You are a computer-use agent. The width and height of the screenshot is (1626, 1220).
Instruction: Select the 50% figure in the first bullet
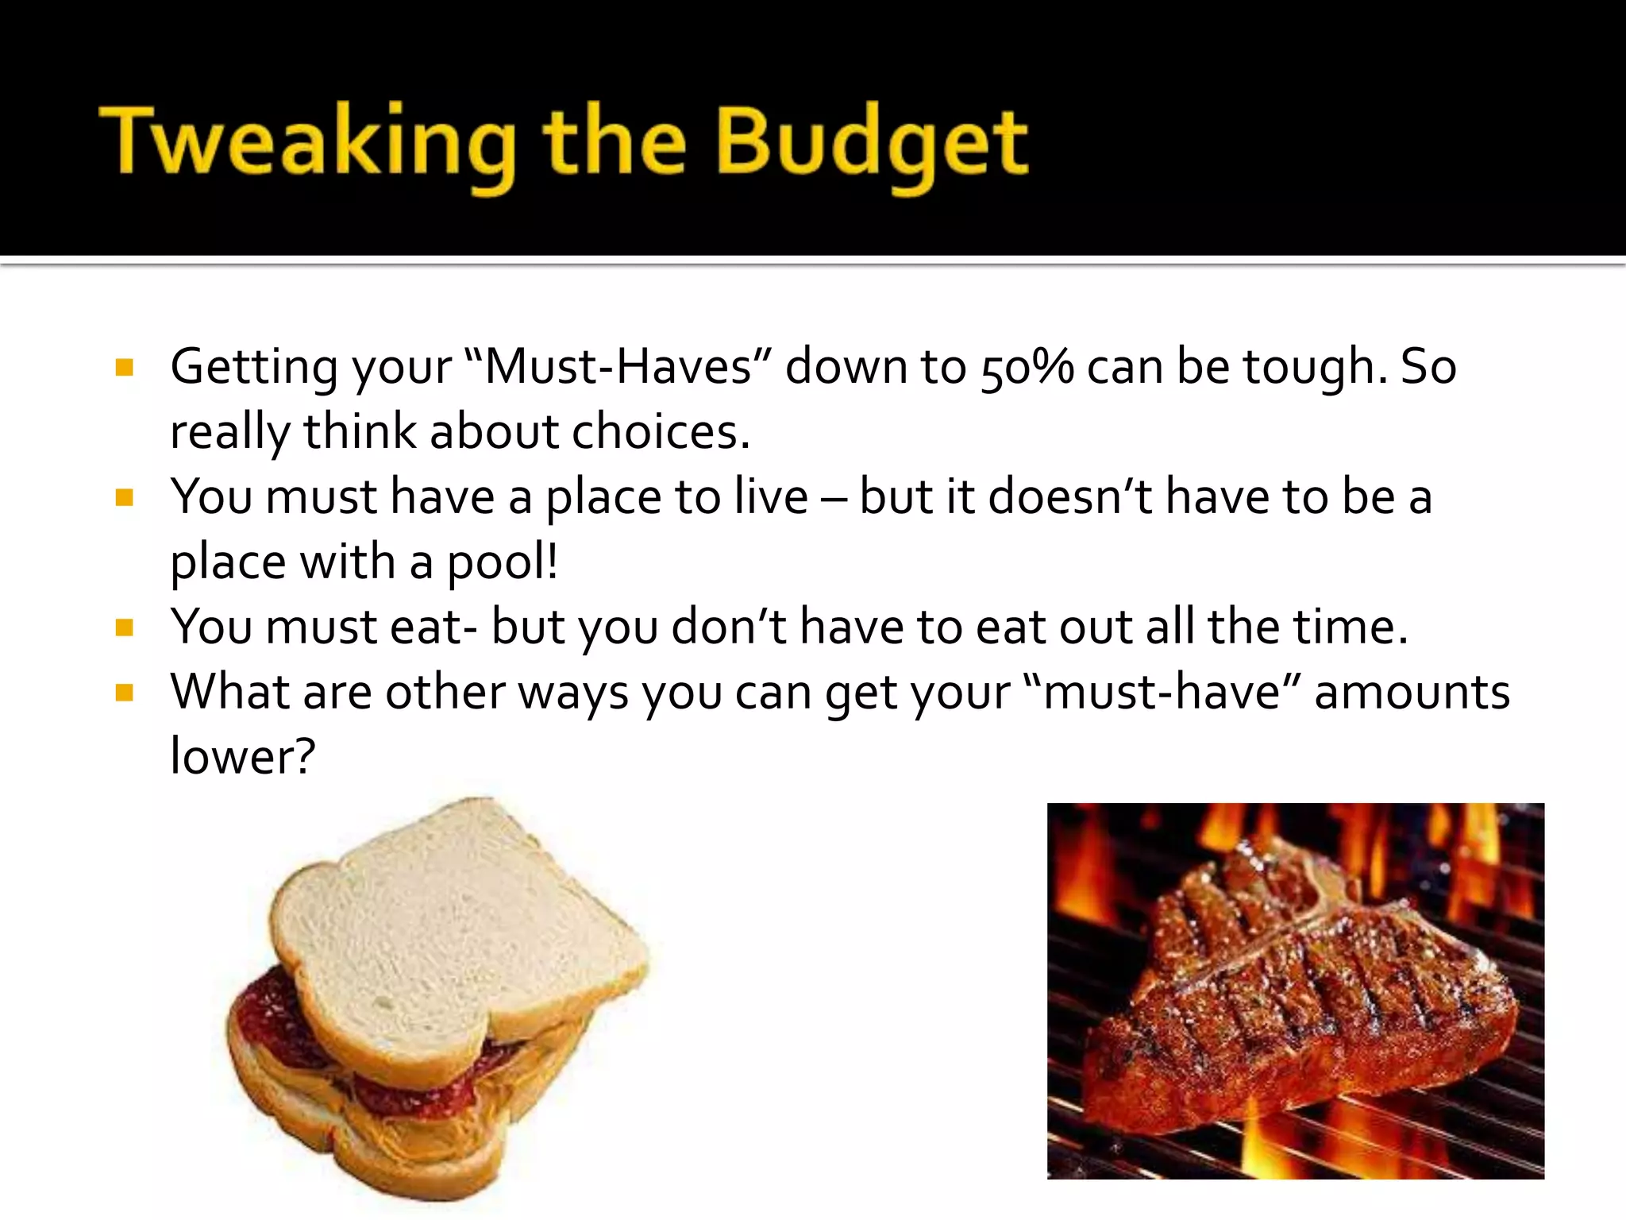tap(1027, 368)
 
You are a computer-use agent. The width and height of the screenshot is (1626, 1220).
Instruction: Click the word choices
tap(661, 433)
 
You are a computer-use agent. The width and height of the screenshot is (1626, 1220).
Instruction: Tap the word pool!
tap(503, 563)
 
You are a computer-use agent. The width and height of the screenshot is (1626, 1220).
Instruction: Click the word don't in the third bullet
tap(729, 627)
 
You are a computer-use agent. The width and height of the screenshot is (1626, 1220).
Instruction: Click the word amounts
tap(1412, 692)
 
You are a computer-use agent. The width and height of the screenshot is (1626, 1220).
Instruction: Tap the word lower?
tap(243, 756)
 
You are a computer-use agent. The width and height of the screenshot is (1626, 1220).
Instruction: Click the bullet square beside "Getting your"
tap(124, 368)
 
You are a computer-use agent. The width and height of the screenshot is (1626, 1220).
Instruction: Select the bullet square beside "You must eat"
tap(124, 628)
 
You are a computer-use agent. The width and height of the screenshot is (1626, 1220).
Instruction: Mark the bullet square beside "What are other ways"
tap(124, 693)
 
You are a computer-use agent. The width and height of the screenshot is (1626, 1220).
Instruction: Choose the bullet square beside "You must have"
tap(124, 498)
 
